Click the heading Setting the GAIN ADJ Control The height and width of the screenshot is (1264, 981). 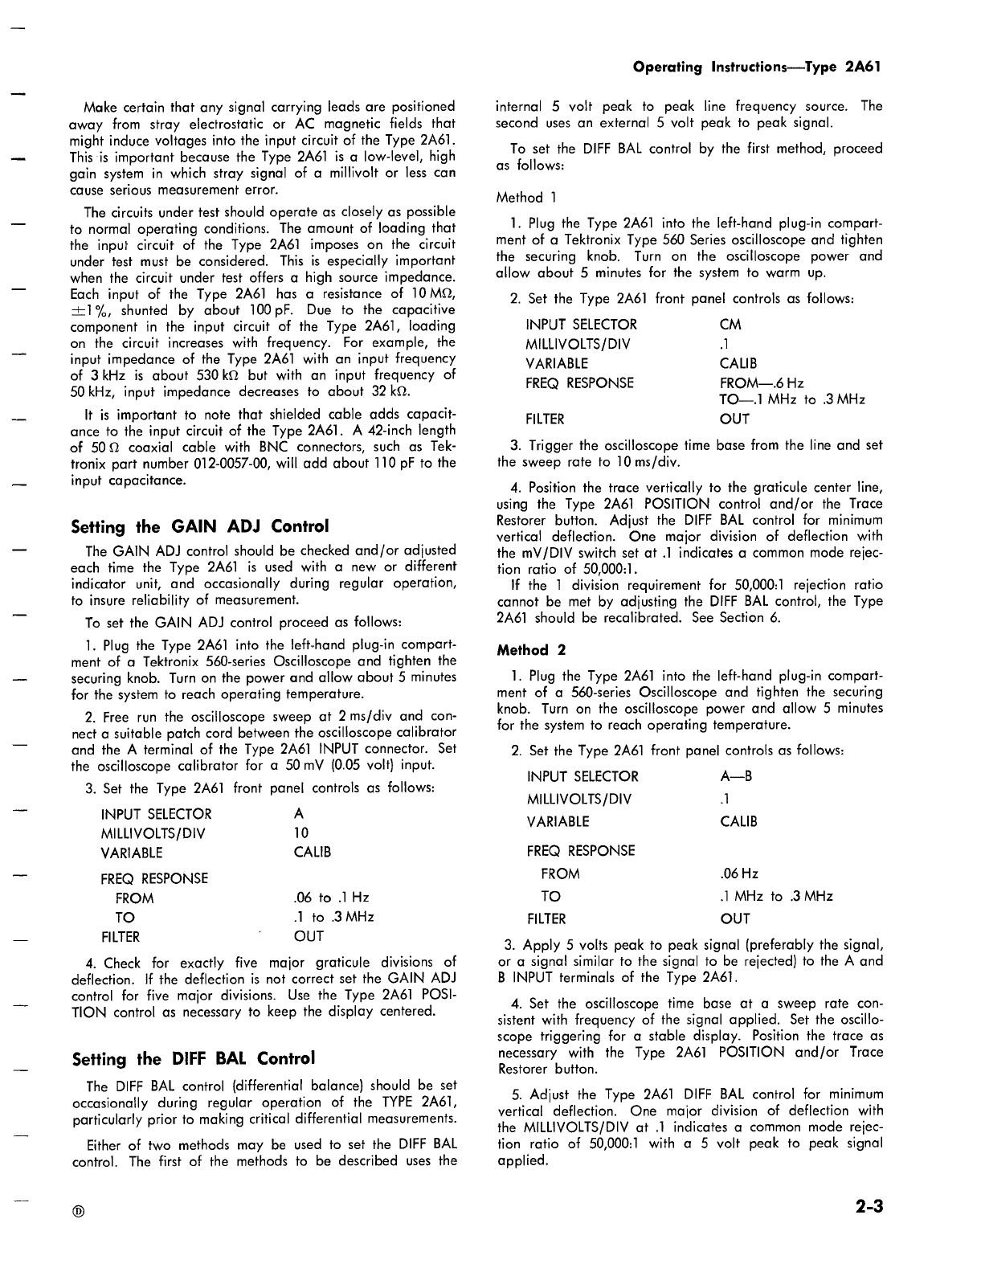coord(200,527)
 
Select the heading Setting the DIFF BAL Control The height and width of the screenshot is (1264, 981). coord(193,1058)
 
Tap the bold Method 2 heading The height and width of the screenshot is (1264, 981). coord(523,650)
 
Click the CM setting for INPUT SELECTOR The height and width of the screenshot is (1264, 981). coord(731,325)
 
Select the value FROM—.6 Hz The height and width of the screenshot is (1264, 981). coord(762,383)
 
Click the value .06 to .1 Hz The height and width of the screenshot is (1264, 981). coord(332,898)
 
